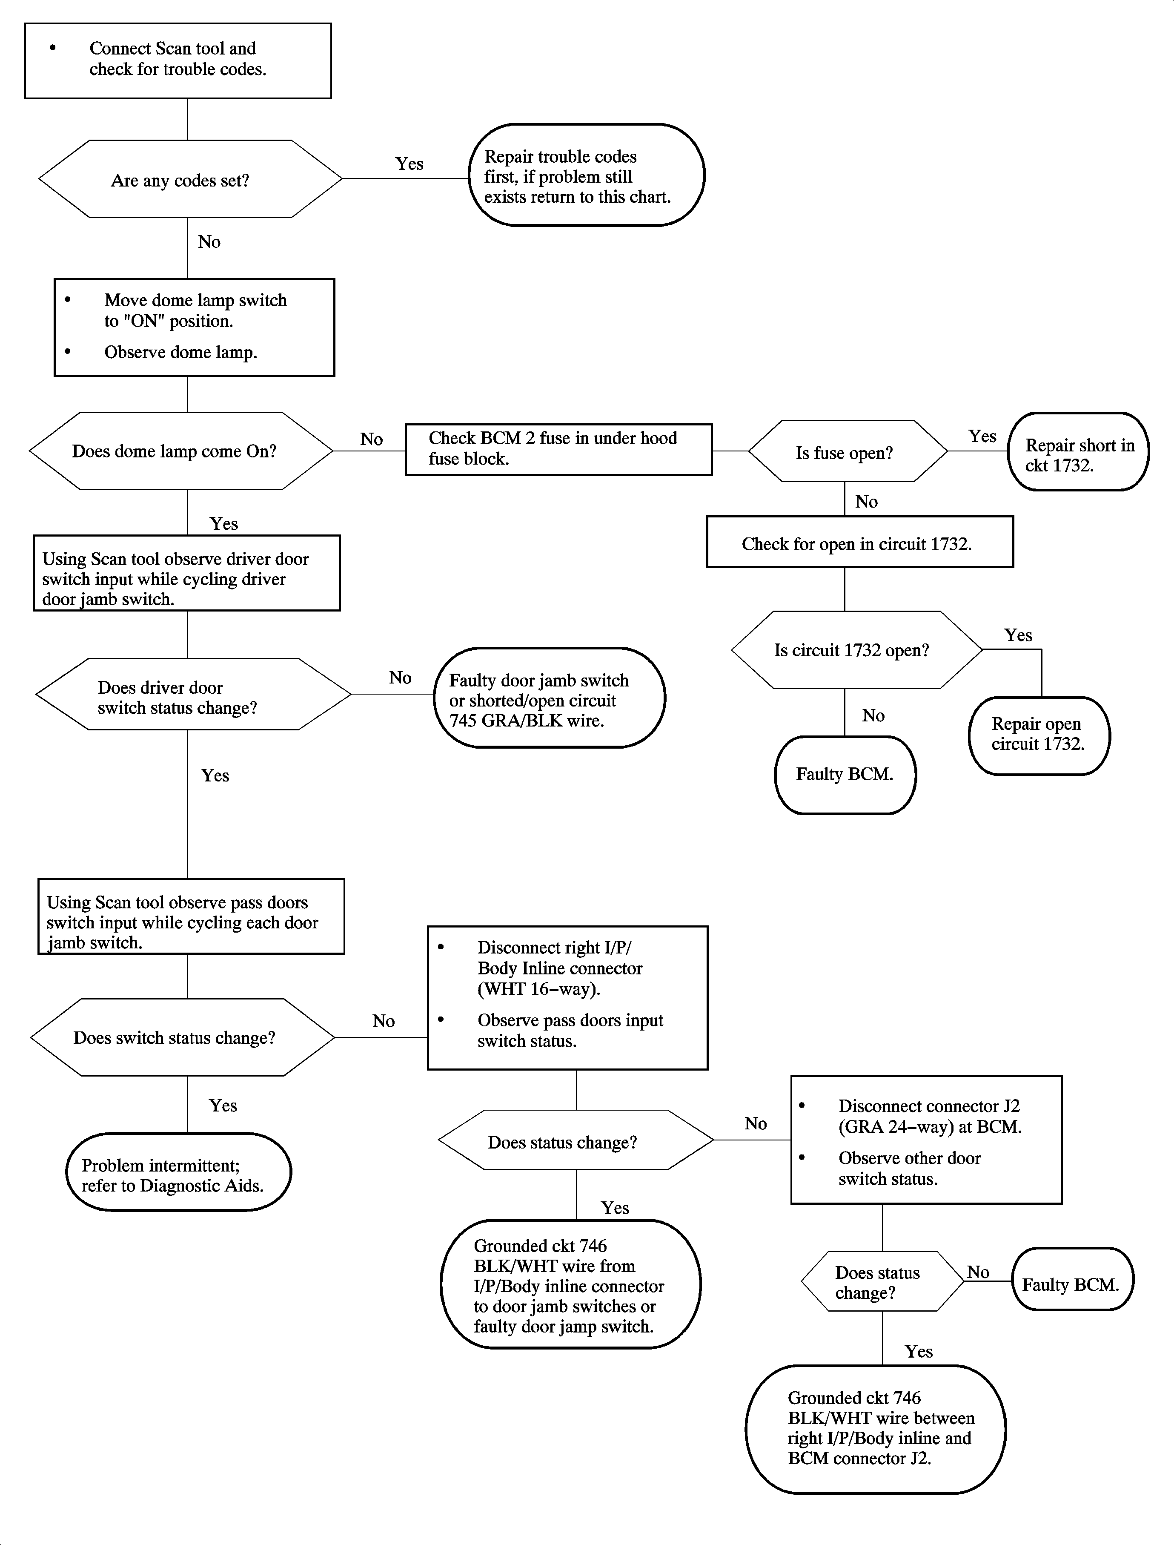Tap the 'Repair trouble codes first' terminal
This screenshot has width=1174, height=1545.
586,175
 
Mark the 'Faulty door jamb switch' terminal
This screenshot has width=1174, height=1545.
549,698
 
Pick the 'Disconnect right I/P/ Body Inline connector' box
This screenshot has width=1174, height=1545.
567,998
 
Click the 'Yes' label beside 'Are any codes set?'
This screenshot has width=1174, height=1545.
409,164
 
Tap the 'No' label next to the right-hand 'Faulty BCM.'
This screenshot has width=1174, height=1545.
978,1272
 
